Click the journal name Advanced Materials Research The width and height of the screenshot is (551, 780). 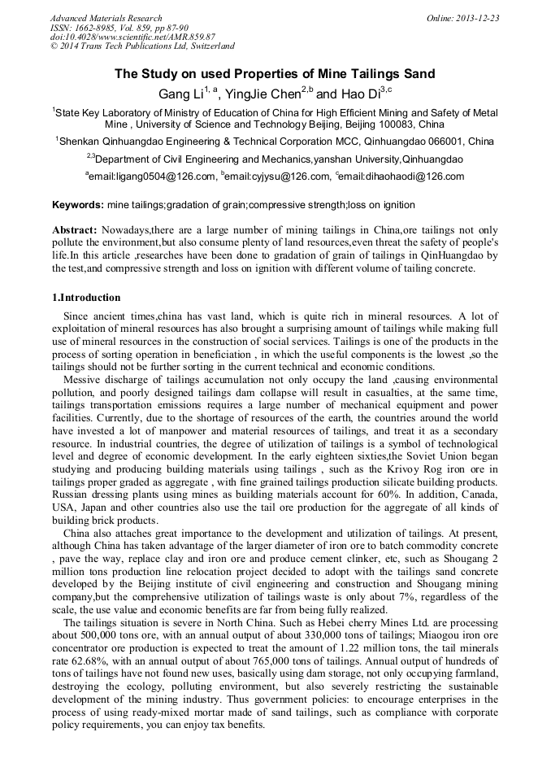click(106, 18)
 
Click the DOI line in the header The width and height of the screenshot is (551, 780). click(132, 37)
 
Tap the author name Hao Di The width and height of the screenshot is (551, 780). click(354, 94)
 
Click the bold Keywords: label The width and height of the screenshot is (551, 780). click(78, 205)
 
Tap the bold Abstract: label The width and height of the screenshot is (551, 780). click(75, 231)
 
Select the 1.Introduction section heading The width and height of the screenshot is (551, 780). click(86, 297)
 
